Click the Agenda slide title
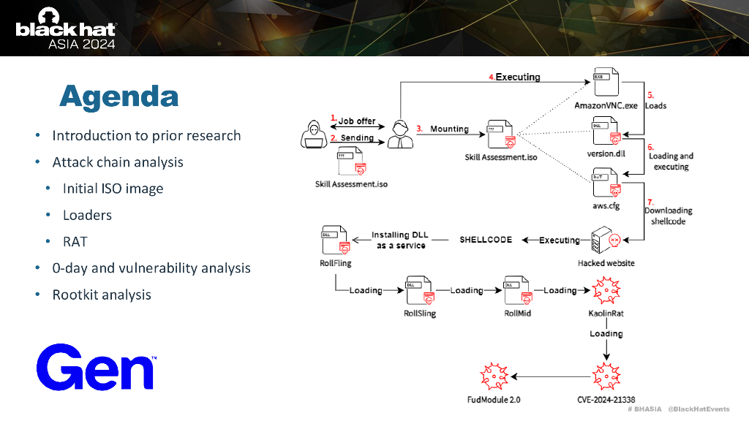pos(118,96)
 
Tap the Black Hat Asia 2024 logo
pos(65,29)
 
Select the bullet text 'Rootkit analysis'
pos(102,295)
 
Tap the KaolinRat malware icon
pos(605,292)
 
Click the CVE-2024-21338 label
pos(606,400)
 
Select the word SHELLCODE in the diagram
pos(486,240)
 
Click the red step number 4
pos(492,77)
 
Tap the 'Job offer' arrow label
pos(356,121)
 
